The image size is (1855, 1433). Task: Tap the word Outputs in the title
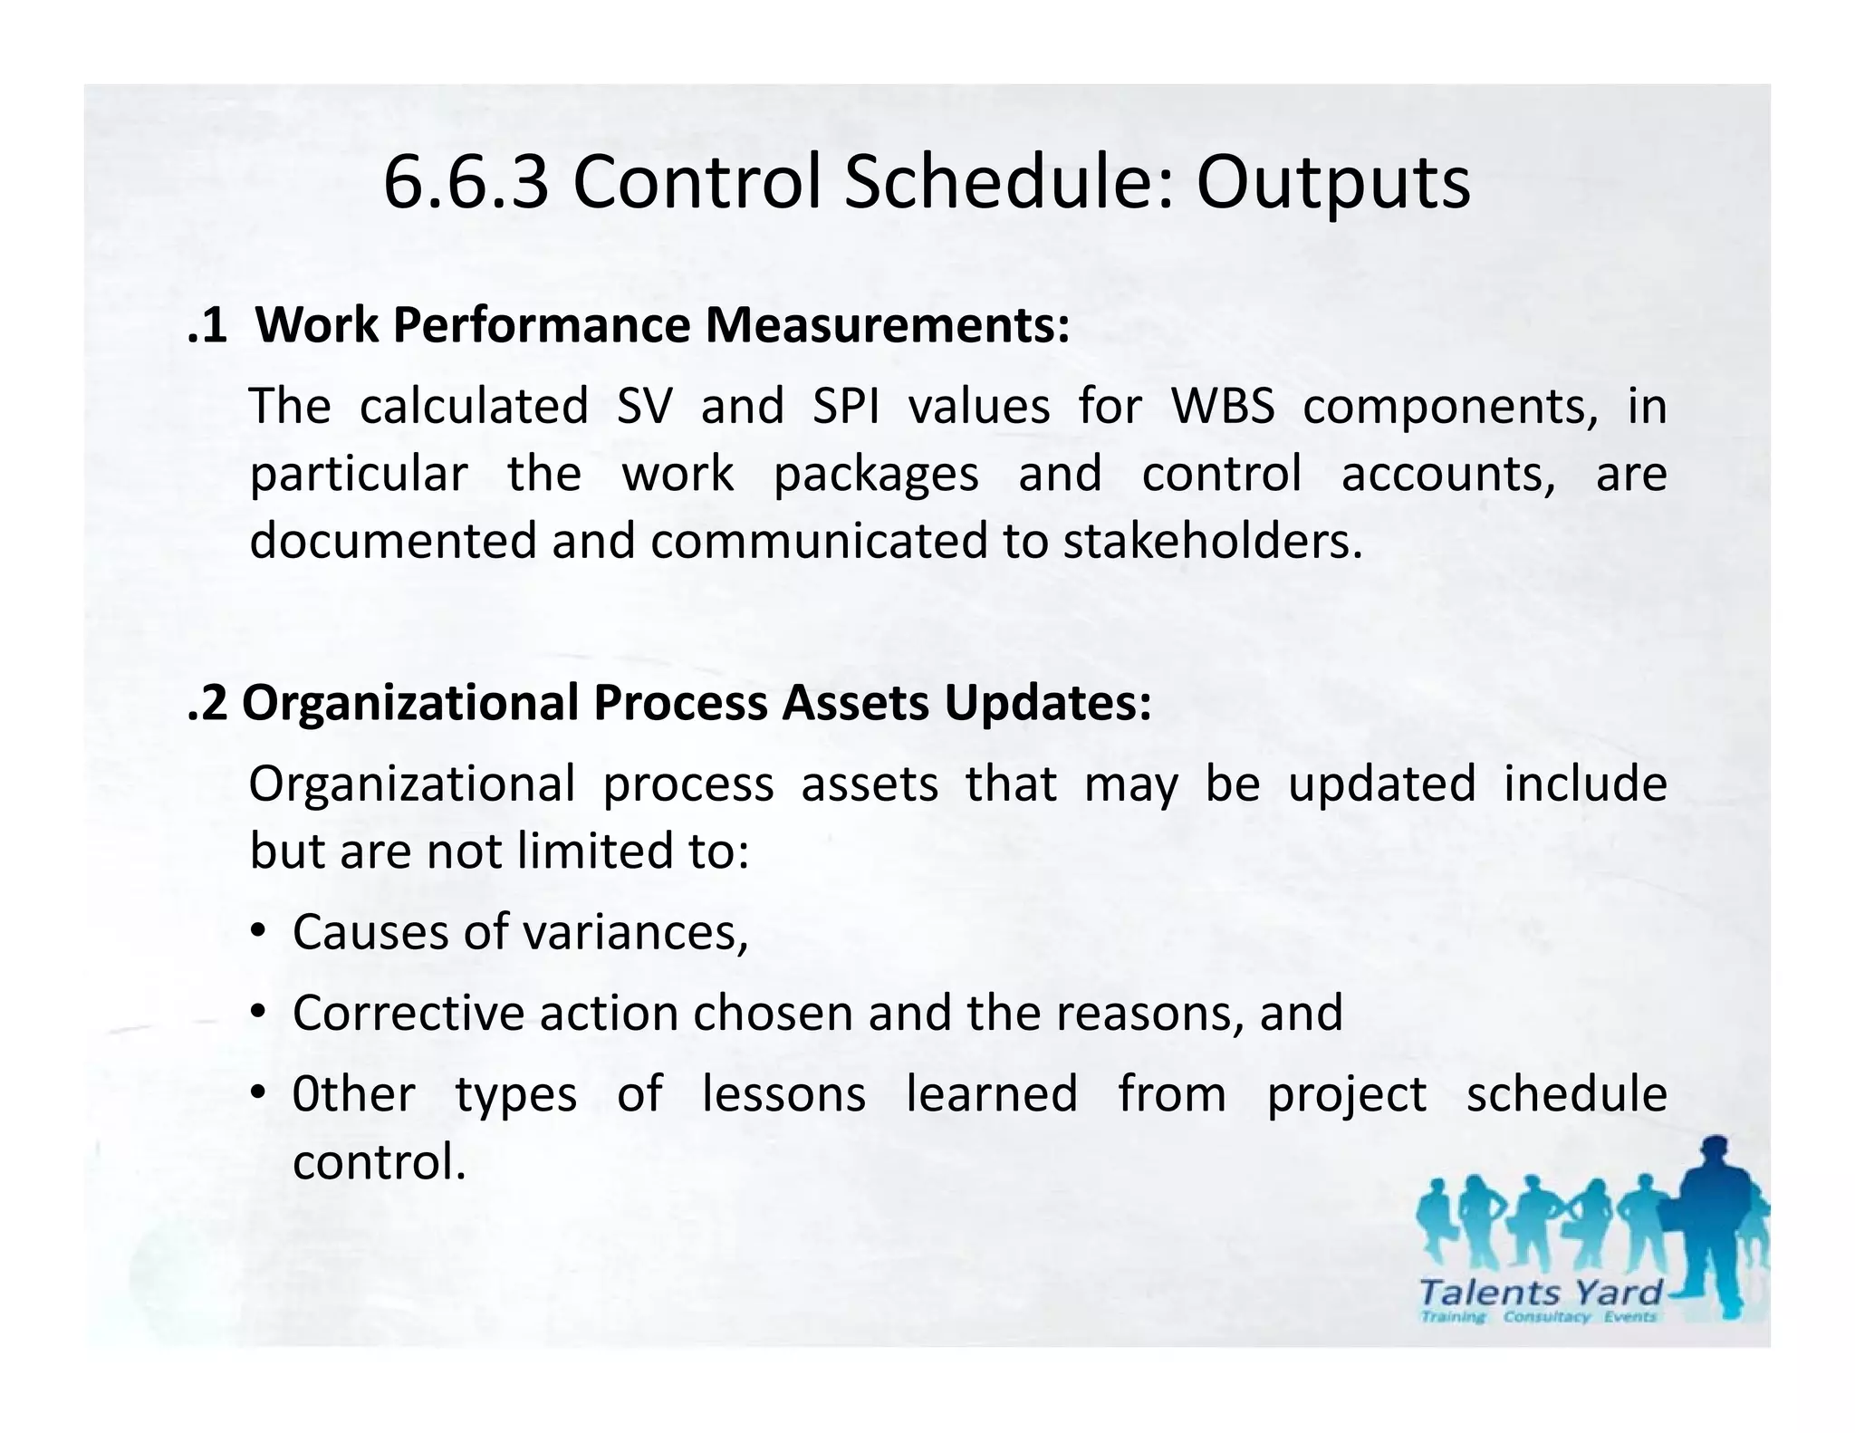[1333, 183]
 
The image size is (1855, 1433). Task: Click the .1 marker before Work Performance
[207, 325]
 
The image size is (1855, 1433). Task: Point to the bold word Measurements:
[888, 325]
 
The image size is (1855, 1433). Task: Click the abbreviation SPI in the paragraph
[845, 406]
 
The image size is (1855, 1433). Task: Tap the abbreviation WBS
[1223, 406]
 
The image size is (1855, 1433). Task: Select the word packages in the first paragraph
[876, 475]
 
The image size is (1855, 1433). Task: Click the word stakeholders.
[1212, 541]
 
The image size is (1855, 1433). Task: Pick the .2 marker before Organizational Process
[207, 703]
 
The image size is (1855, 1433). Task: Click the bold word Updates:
[1048, 703]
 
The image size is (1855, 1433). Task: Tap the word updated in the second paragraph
[1381, 784]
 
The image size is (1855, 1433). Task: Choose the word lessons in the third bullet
[784, 1093]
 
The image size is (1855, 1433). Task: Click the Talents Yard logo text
[1541, 1292]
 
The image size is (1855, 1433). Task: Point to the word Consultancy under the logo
[1546, 1316]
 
